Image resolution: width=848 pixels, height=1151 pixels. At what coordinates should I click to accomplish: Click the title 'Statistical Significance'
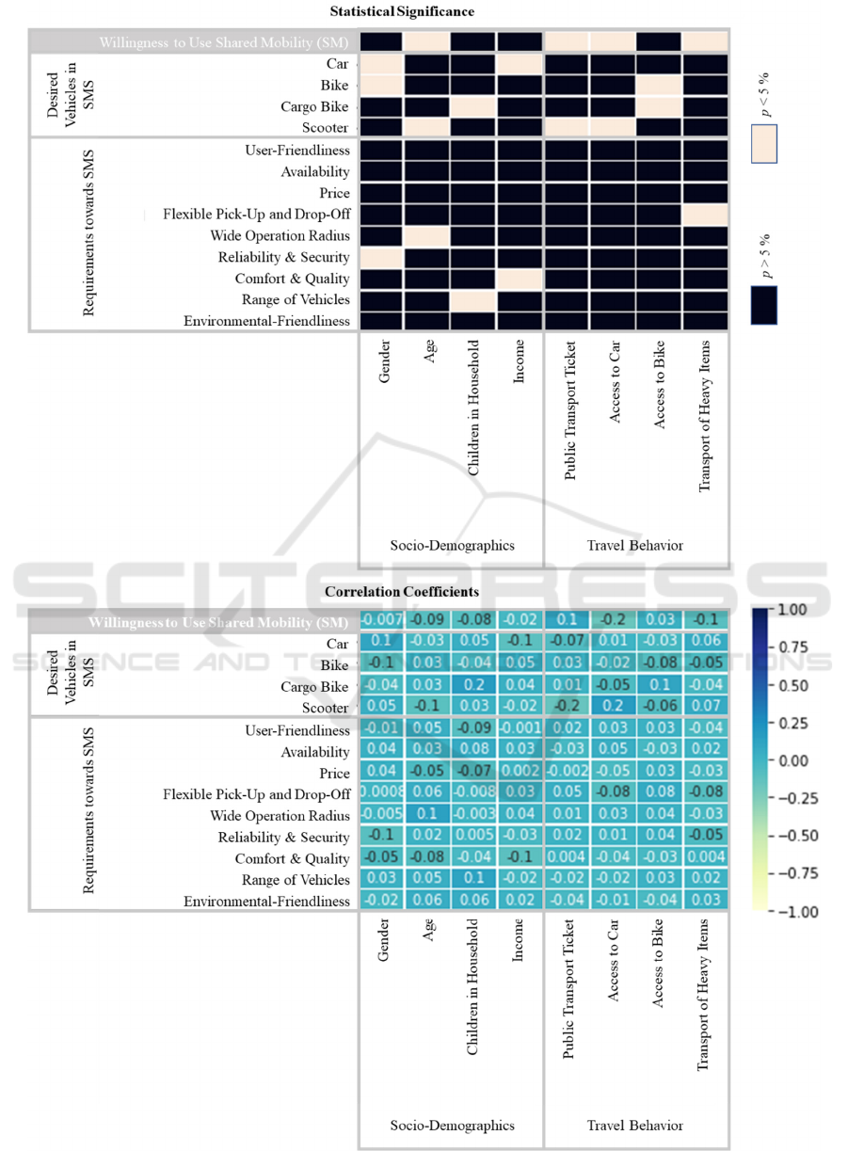[x=402, y=12]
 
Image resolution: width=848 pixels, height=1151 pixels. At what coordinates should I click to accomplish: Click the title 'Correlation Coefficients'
[x=402, y=592]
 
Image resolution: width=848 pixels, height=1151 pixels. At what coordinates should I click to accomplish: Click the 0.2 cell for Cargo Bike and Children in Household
[x=473, y=687]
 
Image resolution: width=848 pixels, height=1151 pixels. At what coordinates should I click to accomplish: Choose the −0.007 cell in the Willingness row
[x=381, y=622]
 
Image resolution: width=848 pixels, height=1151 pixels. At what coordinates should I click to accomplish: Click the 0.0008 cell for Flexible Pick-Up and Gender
[x=381, y=794]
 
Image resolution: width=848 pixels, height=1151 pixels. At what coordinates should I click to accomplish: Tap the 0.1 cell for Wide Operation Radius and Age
[x=427, y=815]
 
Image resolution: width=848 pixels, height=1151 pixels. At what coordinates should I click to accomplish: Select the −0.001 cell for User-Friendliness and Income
[x=520, y=730]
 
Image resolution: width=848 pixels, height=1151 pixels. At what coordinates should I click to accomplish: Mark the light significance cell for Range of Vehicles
[x=473, y=300]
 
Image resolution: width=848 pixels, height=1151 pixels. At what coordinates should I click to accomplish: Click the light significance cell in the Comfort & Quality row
[x=520, y=279]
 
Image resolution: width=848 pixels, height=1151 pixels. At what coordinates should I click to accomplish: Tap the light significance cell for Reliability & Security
[x=381, y=257]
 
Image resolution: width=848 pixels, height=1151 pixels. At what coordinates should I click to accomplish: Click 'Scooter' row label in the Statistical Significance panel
[x=328, y=128]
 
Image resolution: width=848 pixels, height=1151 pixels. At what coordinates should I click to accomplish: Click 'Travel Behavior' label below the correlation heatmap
[x=635, y=1125]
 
